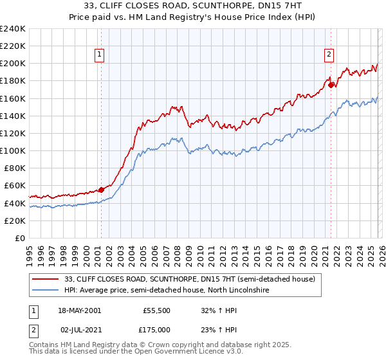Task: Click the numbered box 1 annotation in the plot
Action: click(x=100, y=55)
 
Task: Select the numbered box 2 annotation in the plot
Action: click(x=329, y=55)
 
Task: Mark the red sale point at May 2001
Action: click(x=102, y=190)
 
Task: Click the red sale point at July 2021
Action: click(x=331, y=85)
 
